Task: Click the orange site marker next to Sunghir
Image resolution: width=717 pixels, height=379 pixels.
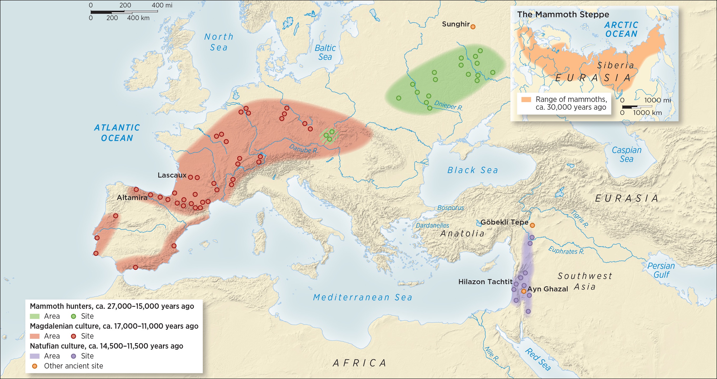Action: tap(473, 27)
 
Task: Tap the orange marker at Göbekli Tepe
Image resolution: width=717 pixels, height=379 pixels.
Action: tap(532, 225)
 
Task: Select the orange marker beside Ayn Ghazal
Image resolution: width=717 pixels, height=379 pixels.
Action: tap(523, 291)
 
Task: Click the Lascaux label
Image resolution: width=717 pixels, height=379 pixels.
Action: tap(172, 175)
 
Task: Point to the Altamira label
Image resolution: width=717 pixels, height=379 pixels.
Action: tap(132, 198)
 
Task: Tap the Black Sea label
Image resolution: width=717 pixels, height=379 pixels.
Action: tap(472, 170)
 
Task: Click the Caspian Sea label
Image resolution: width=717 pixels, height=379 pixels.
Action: tap(626, 154)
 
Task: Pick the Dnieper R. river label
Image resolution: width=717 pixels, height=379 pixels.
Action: tap(448, 105)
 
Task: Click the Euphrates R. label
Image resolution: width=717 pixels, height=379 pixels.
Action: tap(566, 251)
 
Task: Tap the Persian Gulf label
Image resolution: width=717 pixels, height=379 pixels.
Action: tap(661, 270)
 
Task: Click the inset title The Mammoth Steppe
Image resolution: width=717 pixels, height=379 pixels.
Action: tap(563, 14)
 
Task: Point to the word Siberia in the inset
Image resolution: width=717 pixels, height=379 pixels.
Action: tap(616, 65)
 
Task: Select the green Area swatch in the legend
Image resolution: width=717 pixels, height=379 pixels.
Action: tap(34, 316)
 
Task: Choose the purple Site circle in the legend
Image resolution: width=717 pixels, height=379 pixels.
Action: tap(73, 356)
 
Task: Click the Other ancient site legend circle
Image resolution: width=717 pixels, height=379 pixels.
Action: tap(34, 366)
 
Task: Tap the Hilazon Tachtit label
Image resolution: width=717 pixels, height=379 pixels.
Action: tap(485, 282)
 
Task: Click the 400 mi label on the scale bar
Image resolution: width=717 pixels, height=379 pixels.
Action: tap(162, 5)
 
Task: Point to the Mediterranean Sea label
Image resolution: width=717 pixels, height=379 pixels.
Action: tap(362, 297)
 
